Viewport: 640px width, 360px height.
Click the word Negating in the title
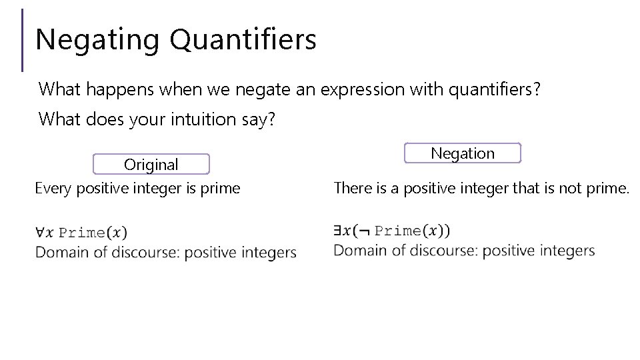[x=97, y=40]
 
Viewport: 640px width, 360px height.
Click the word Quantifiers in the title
[x=243, y=40]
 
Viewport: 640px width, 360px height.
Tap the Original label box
[x=151, y=164]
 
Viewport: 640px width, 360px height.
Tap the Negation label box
[x=463, y=153]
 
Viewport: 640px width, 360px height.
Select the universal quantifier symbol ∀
[x=40, y=233]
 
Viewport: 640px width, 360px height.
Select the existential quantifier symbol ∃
[x=338, y=231]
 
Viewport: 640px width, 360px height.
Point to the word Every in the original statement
[x=54, y=189]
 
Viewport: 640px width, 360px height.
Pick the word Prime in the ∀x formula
[x=82, y=233]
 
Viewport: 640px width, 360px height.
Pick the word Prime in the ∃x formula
[x=397, y=231]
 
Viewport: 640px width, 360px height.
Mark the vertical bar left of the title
[x=22, y=40]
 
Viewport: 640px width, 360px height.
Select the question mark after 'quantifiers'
[x=536, y=89]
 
